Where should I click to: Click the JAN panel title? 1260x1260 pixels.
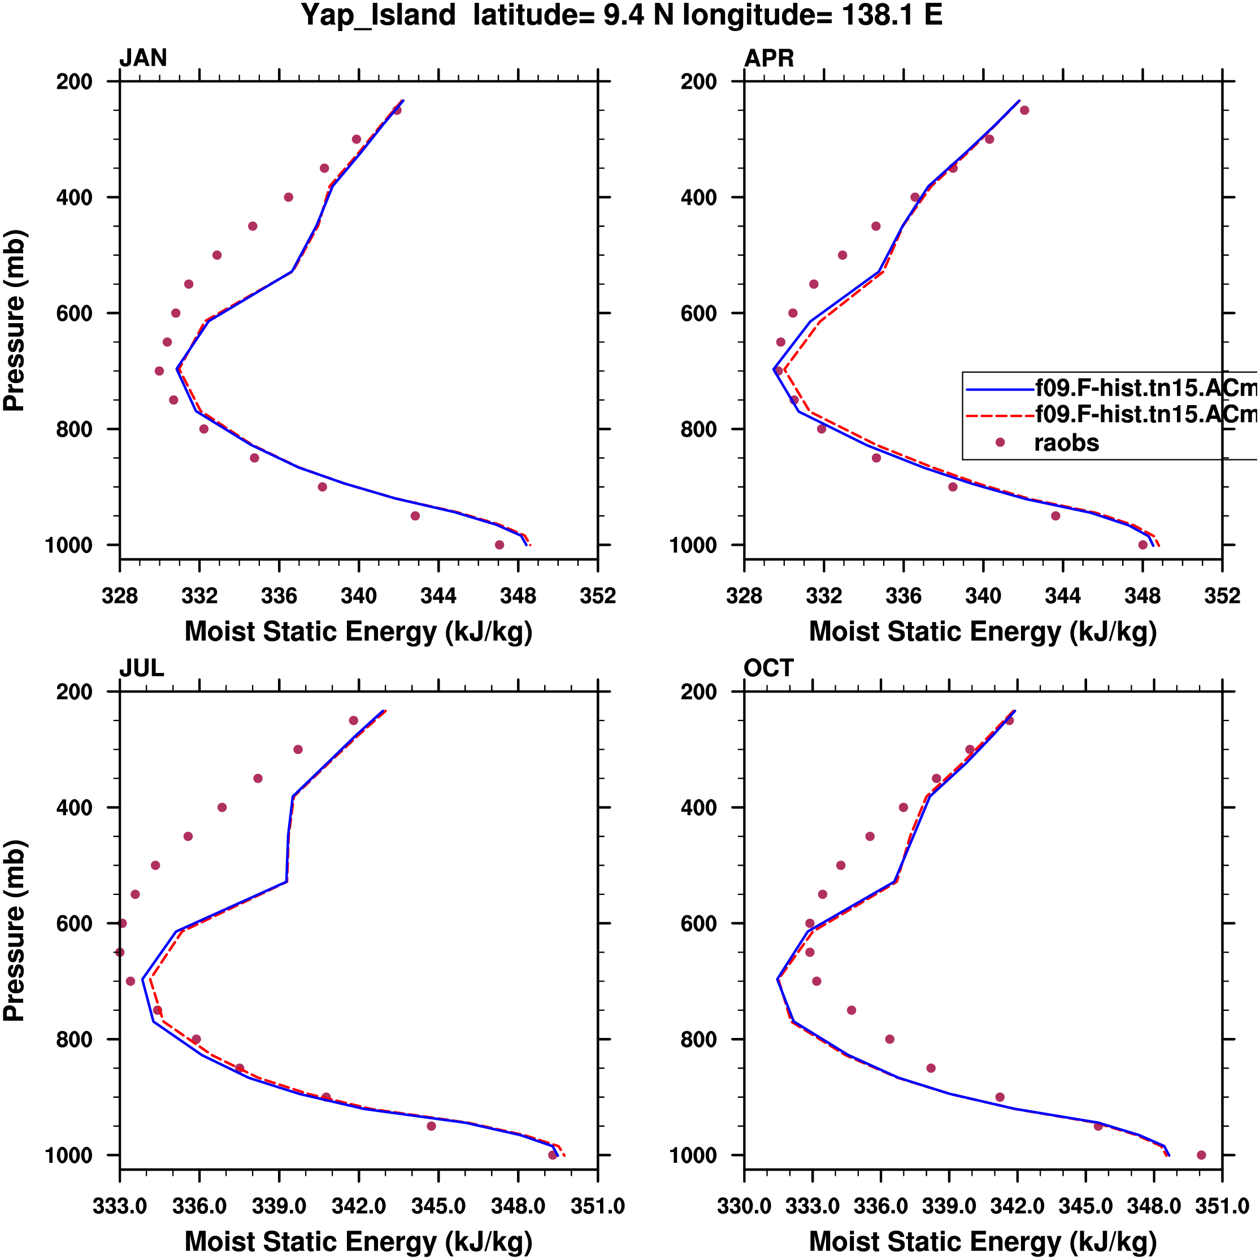tap(143, 59)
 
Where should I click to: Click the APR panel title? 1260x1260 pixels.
tap(769, 59)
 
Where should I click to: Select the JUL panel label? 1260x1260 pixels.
tap(141, 668)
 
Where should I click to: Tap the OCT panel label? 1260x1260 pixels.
tap(769, 668)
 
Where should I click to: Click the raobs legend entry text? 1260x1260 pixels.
tap(1066, 444)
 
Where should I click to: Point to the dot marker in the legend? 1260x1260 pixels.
tap(1000, 443)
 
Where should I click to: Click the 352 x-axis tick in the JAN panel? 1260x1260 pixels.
tap(597, 596)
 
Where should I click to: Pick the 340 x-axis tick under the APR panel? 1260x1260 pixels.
tap(983, 596)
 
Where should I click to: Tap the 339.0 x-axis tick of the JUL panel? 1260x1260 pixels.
tap(279, 1206)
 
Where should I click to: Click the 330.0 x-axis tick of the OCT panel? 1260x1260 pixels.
tap(744, 1206)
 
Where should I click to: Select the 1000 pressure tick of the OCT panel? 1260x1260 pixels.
tap(696, 1155)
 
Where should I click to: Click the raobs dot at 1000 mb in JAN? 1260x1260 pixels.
tap(499, 545)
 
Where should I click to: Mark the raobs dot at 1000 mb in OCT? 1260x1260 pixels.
tap(1201, 1155)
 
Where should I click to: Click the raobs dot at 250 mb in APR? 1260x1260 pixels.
tap(1024, 110)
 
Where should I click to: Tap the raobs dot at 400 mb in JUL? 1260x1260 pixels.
tap(221, 807)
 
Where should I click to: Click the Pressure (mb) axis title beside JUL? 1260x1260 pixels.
tap(14, 930)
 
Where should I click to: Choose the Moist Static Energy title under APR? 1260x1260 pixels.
tap(983, 632)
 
